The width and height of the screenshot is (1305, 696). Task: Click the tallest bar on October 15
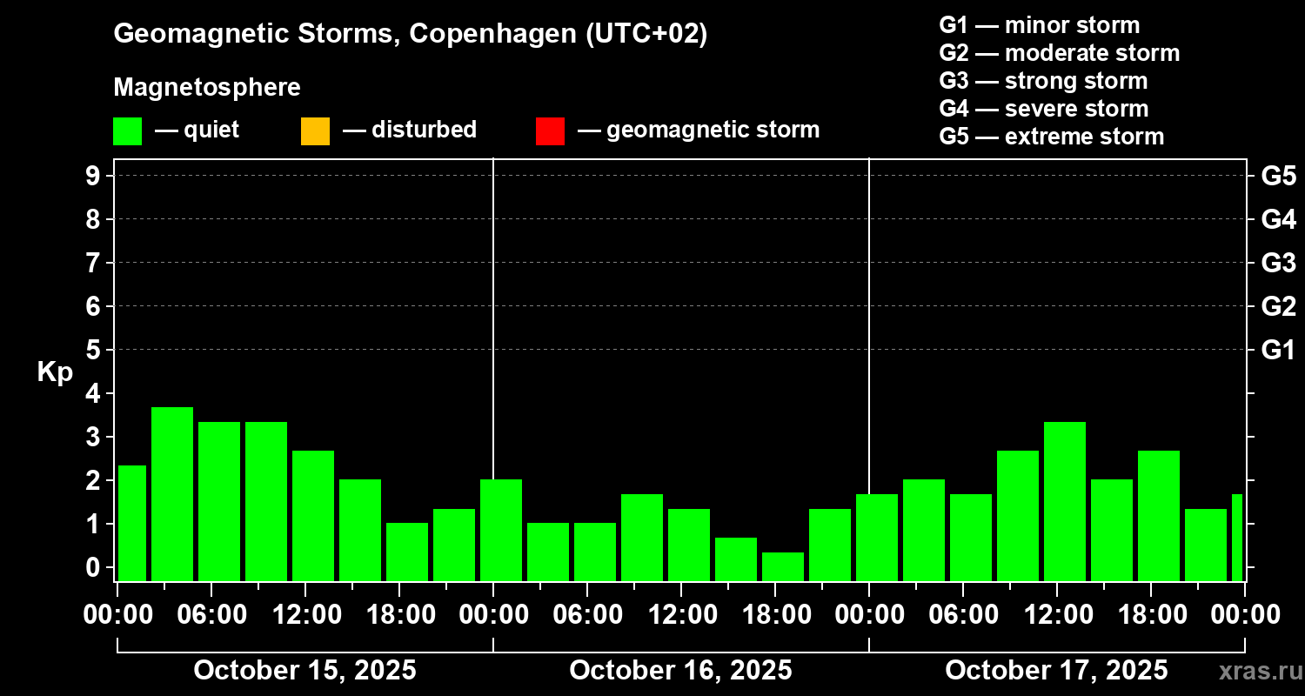[x=172, y=493]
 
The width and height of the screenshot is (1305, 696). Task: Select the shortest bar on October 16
[x=783, y=566]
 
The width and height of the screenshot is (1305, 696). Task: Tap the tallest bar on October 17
[x=1065, y=501]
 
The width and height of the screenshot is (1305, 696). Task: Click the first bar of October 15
[x=132, y=523]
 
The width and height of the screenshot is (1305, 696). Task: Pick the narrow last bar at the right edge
[x=1237, y=537]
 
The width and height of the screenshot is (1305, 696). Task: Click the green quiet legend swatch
[x=127, y=130]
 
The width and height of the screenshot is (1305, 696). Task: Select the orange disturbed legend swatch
[x=315, y=130]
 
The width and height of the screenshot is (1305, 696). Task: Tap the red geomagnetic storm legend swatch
[x=550, y=130]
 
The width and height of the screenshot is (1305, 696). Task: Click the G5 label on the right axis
[x=1278, y=176]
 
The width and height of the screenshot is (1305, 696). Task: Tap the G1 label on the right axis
[x=1278, y=350]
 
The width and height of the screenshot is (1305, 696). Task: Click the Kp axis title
[x=55, y=371]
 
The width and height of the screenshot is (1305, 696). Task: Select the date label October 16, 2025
[x=680, y=671]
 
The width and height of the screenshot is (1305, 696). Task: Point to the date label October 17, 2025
[x=1056, y=671]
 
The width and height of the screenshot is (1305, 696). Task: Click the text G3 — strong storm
[x=1043, y=81]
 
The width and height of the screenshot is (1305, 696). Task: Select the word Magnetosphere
[x=207, y=88]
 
